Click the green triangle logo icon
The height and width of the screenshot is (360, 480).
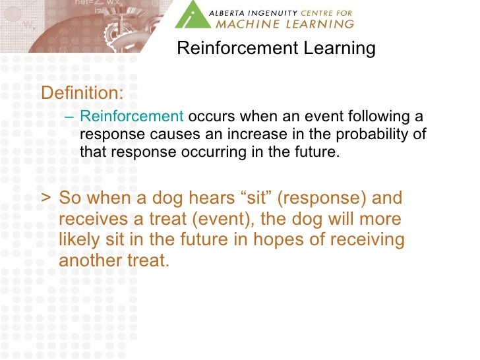(192, 15)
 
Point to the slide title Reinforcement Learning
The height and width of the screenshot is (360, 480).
(276, 49)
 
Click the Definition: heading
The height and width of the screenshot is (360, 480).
(82, 93)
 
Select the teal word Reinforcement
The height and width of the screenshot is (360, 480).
(131, 117)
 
